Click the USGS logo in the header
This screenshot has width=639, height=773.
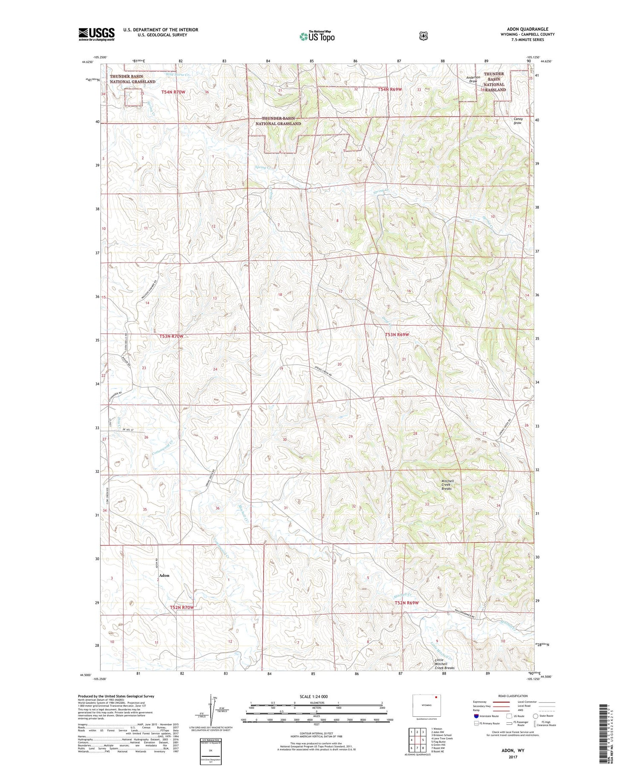96,34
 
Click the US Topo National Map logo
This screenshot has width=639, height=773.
317,36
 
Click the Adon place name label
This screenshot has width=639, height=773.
164,575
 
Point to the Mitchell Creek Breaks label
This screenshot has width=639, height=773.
447,485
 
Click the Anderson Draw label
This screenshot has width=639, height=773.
473,79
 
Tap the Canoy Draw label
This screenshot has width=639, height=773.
518,121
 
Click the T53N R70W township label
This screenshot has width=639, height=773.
172,336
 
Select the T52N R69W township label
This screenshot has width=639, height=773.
406,603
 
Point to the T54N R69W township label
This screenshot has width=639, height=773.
390,90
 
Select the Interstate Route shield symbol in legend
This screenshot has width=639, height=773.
476,716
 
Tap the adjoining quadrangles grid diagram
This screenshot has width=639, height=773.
417,739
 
